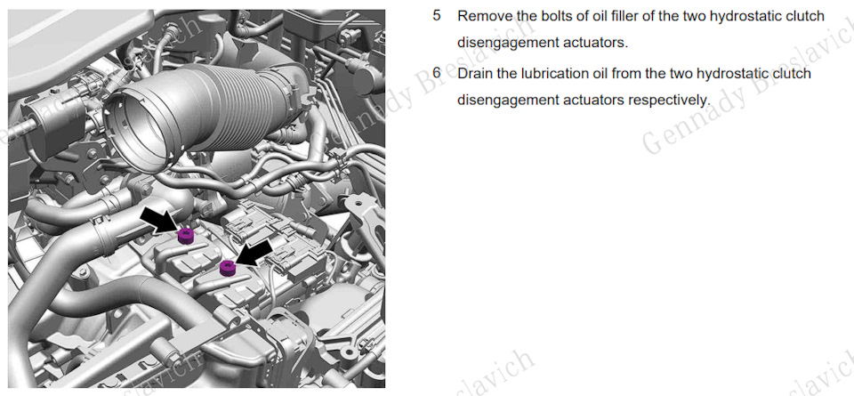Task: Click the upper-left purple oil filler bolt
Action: [x=186, y=237]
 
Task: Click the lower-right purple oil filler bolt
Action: [x=227, y=268]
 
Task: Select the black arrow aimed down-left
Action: [x=255, y=254]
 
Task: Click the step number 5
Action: [x=437, y=16]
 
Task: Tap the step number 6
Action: [x=437, y=72]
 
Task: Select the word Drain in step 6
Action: [x=475, y=73]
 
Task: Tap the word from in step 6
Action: [x=626, y=73]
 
